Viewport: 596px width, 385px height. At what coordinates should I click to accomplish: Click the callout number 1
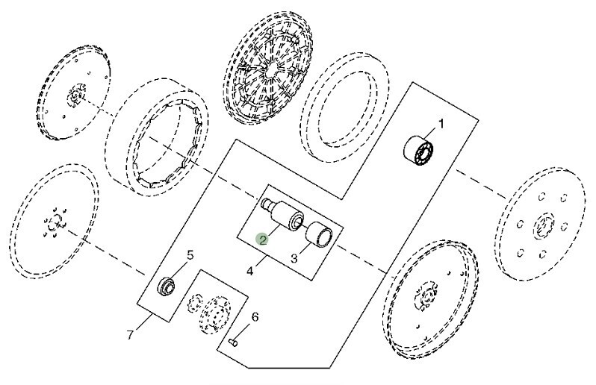pos(441,124)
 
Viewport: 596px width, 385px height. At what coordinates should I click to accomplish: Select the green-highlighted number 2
pos(262,239)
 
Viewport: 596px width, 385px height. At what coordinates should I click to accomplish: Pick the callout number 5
pos(190,254)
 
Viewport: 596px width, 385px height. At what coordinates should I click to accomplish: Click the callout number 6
pos(255,317)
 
